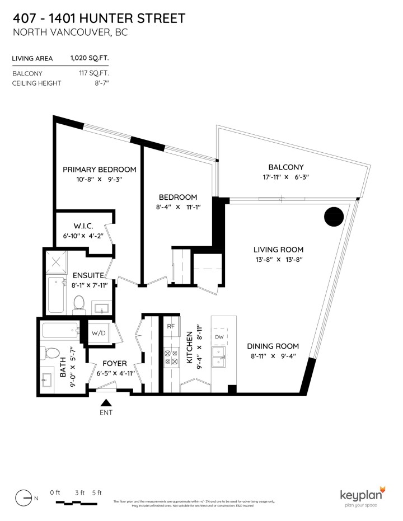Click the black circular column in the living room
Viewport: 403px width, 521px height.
[334, 216]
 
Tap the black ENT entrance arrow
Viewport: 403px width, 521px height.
[106, 402]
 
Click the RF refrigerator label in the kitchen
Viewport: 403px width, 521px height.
[170, 326]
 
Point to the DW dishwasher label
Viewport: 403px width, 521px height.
[219, 337]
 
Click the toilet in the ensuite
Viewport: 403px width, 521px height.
[78, 304]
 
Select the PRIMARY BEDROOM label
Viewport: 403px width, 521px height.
[100, 170]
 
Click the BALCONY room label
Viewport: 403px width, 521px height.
[285, 167]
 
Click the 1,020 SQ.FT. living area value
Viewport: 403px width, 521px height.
[89, 57]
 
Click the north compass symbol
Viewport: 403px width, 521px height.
[23, 496]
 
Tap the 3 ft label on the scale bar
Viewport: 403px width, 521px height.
[79, 492]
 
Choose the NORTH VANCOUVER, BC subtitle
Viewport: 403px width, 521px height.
[70, 32]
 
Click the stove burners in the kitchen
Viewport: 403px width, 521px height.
[170, 356]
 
